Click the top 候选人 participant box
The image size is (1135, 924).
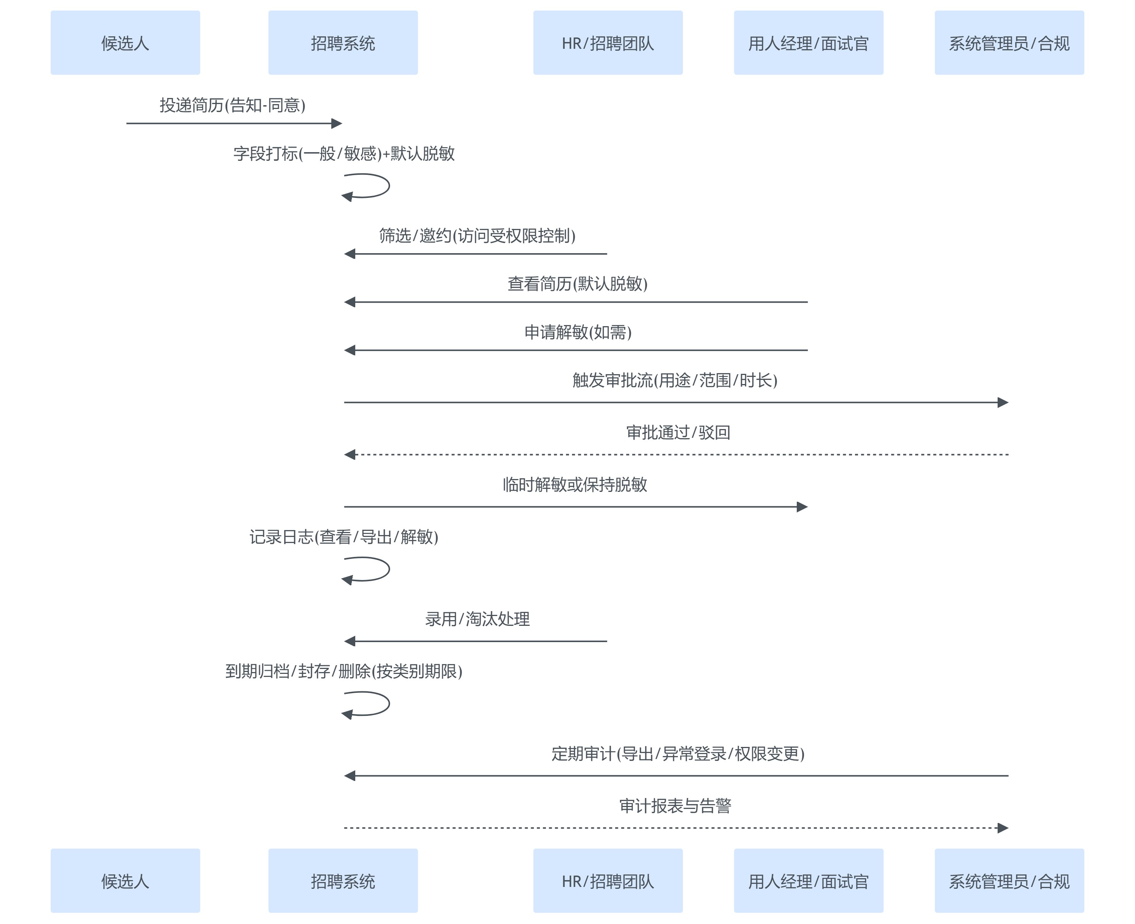125,43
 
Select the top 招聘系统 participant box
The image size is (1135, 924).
343,43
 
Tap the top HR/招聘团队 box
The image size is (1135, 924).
608,43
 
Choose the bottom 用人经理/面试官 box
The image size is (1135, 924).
808,881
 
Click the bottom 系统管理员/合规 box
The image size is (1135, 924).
1009,881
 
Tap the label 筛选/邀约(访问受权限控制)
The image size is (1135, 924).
477,236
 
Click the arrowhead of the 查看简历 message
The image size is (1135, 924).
350,302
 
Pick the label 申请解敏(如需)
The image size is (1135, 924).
578,333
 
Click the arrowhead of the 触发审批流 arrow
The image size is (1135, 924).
1003,402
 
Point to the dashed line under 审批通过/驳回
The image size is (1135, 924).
676,454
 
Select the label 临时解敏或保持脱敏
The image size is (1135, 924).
575,485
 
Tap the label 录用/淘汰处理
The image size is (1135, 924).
477,619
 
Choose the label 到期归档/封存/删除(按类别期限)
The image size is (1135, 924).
344,672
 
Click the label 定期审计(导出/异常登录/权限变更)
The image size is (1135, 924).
677,754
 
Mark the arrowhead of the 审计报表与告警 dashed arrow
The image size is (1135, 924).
1003,828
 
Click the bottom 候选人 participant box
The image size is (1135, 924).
125,881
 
